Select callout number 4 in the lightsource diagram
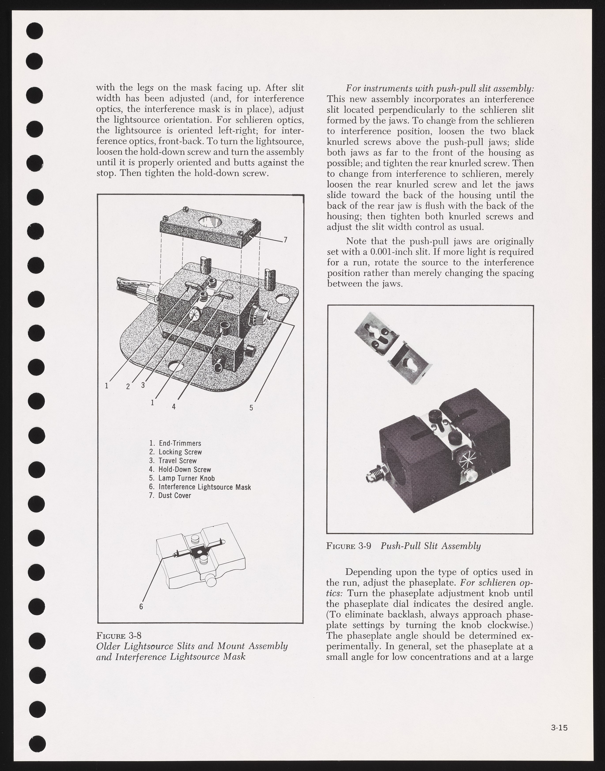click(174, 406)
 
